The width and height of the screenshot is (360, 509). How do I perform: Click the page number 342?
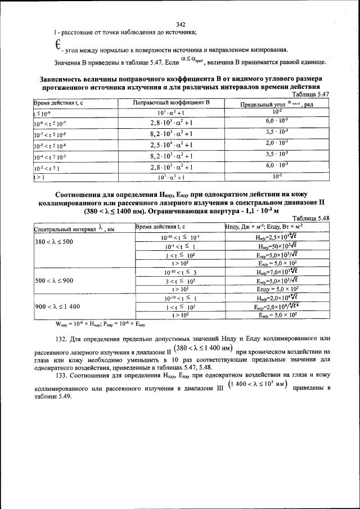click(x=181, y=24)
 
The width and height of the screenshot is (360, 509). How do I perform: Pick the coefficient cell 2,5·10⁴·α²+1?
click(x=171, y=146)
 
